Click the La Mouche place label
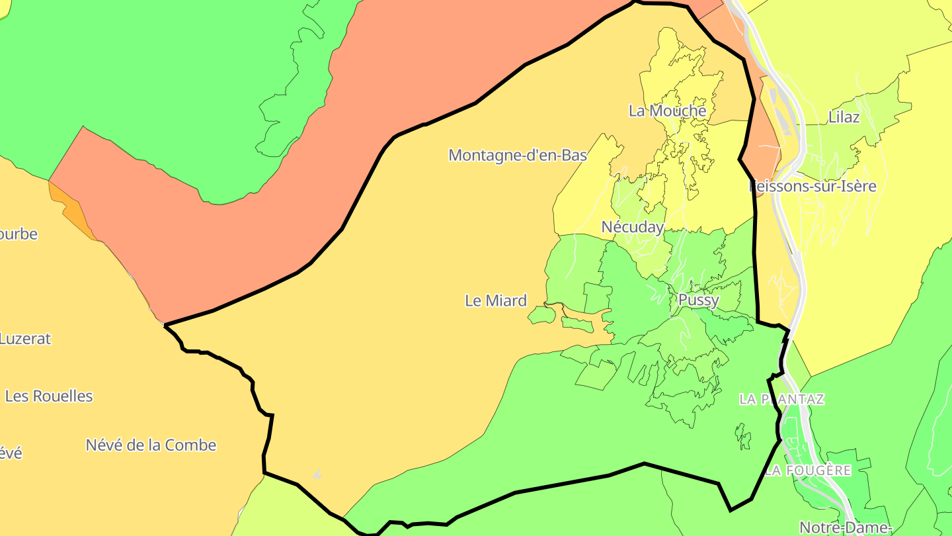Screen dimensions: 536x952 coord(667,111)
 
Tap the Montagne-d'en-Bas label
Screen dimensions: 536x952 coord(518,155)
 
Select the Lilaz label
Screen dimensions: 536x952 coord(844,117)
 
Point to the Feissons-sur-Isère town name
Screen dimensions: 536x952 coord(814,186)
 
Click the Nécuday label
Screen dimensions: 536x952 coord(632,227)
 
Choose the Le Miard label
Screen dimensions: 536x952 coord(496,300)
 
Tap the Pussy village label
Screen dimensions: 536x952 coord(698,300)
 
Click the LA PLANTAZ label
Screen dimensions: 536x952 coord(781,399)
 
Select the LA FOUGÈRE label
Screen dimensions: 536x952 coord(808,470)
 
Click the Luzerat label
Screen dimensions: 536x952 coord(25,338)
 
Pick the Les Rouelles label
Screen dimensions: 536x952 coord(49,396)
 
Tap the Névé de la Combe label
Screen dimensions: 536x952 coord(151,445)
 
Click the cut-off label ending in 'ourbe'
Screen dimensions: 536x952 coord(19,234)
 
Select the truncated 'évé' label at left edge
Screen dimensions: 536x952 coord(11,453)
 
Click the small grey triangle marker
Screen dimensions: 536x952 coord(317,474)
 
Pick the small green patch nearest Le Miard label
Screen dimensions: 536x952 coord(542,314)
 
